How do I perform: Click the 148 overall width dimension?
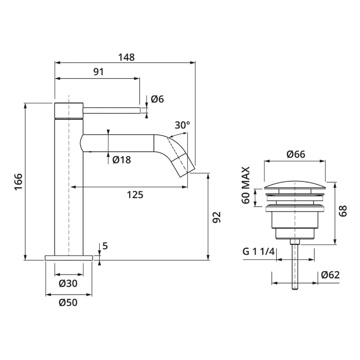(x=127, y=57)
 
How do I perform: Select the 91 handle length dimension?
(x=99, y=72)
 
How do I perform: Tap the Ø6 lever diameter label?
(x=157, y=99)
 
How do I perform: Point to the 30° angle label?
(x=183, y=125)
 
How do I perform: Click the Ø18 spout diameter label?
(x=122, y=160)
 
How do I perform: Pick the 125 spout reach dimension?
(x=135, y=195)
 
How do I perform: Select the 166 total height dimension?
(x=19, y=182)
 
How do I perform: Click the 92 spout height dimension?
(x=217, y=217)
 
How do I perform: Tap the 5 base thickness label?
(x=105, y=246)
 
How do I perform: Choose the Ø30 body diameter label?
(x=68, y=283)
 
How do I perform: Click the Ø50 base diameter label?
(x=68, y=302)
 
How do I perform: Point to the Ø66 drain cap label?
(x=296, y=154)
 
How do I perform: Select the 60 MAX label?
(x=246, y=185)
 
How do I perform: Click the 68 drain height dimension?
(x=343, y=211)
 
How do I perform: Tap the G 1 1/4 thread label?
(x=259, y=252)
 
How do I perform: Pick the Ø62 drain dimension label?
(x=330, y=275)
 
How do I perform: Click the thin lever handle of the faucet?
(x=112, y=111)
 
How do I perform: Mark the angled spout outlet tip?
(x=187, y=172)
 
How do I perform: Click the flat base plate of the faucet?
(x=69, y=258)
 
